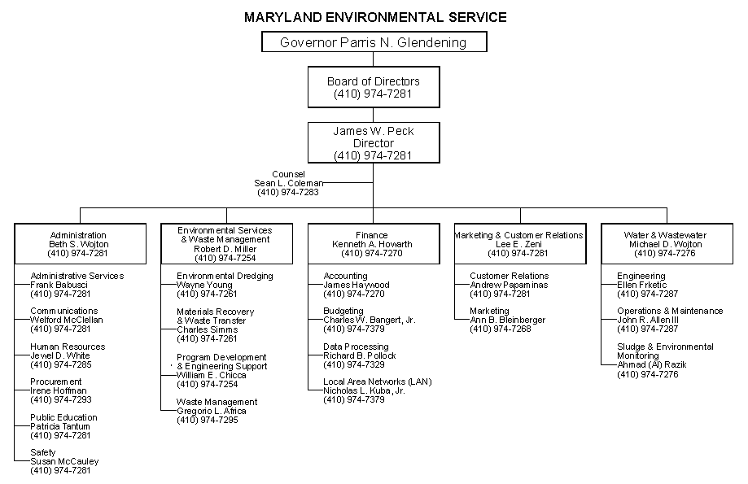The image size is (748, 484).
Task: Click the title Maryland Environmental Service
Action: pos(375,16)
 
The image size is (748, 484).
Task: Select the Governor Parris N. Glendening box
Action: pos(374,42)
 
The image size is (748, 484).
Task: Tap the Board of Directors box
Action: pos(374,87)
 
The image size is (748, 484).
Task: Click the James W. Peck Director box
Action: pos(374,142)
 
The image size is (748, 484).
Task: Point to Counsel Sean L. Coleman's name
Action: pos(288,183)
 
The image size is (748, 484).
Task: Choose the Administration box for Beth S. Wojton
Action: pos(78,243)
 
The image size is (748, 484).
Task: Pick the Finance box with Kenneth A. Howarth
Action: pos(373,243)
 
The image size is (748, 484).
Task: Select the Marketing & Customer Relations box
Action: pos(519,243)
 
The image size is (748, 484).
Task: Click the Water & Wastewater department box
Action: pos(665,243)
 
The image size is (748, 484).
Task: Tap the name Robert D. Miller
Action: pos(225,249)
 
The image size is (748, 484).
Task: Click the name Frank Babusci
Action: pos(59,285)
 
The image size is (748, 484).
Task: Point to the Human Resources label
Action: pos(68,347)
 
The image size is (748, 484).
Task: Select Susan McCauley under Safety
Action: pos(64,461)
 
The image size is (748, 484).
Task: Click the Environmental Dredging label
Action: pos(225,276)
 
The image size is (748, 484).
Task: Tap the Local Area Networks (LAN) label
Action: pos(378,382)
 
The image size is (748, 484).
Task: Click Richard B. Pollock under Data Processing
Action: pos(360,355)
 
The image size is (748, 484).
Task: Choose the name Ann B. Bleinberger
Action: pos(507,320)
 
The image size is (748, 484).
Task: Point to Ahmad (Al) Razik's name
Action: pos(651,364)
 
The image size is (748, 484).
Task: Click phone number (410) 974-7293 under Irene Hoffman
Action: pos(61,399)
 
